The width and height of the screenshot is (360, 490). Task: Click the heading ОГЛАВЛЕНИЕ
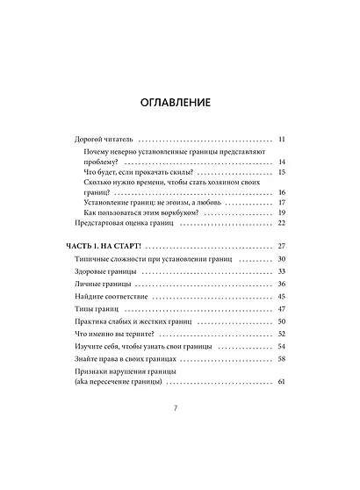(x=180, y=103)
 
